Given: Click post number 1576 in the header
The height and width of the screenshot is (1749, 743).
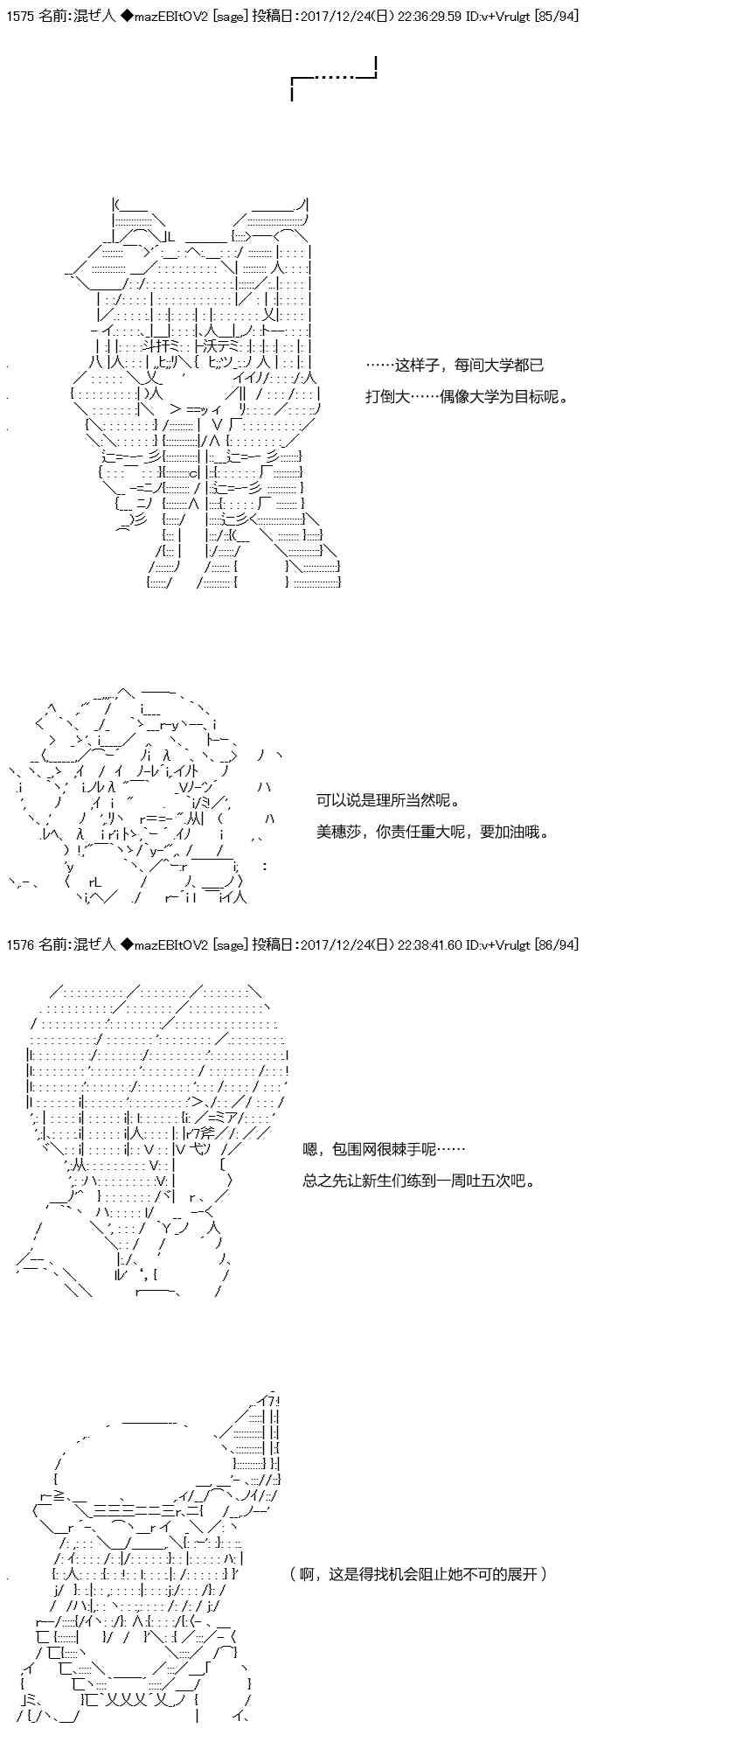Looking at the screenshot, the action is [19, 944].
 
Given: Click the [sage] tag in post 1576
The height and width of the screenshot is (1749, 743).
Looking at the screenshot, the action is [231, 944].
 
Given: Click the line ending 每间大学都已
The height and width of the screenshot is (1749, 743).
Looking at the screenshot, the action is [455, 365].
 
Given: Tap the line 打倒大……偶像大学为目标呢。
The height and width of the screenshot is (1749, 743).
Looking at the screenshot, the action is [468, 396].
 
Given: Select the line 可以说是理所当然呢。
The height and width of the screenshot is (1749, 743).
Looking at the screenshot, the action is [388, 799].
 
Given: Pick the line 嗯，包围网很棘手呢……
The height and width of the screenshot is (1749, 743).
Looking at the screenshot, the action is [384, 1149].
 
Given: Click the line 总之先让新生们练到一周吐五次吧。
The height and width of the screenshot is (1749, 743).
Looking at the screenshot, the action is [419, 1181].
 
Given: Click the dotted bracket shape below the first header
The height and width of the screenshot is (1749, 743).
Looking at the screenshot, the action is [333, 79].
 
